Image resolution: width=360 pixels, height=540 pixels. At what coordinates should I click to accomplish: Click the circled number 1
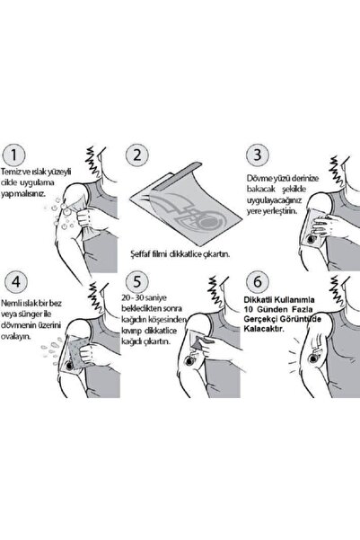click(x=13, y=155)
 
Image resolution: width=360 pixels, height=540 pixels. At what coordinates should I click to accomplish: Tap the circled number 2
click(x=137, y=155)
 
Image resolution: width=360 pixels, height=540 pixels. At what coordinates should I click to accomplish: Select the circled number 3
click(x=258, y=155)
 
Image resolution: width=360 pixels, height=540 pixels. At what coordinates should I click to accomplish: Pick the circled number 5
click(x=137, y=282)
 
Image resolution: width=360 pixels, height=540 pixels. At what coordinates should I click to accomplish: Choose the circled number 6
click(x=258, y=282)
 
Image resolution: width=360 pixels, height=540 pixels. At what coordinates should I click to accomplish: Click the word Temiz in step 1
click(x=10, y=172)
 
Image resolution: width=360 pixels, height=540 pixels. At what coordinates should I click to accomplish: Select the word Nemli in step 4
click(x=10, y=304)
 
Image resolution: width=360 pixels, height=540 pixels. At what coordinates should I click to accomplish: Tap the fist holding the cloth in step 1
click(x=89, y=218)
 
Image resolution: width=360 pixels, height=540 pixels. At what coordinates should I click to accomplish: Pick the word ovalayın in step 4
click(x=16, y=336)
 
